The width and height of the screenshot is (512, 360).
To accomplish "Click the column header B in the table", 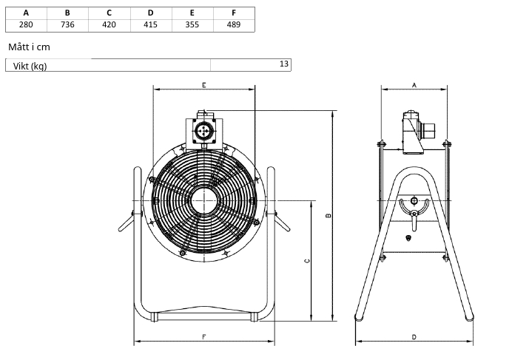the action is point(67,13).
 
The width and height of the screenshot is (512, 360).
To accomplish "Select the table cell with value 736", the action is point(67,24).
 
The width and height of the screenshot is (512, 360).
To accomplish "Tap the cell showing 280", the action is point(26,24).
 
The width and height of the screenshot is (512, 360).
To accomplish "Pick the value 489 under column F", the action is point(234,24).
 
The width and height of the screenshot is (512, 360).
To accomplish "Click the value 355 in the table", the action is point(192,24).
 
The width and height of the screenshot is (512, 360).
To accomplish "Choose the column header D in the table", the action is point(150,13).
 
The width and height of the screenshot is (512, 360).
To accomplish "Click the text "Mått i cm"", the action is point(29,47).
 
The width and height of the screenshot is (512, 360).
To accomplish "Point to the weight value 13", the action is point(284,64).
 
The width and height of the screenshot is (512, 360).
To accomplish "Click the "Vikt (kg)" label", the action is point(30,67).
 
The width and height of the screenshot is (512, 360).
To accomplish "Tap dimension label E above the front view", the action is point(204,85).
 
